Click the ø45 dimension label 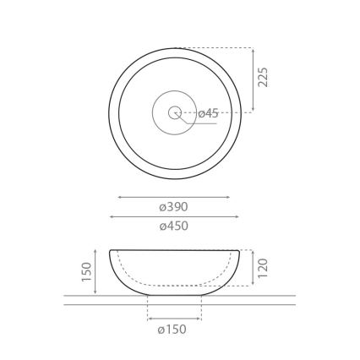208,113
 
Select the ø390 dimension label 174,207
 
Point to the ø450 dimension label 174,226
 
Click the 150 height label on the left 85,272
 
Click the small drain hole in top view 175,112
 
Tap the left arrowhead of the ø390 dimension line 119,197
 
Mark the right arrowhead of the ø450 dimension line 238,216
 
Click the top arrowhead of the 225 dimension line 253,49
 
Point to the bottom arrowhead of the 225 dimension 253,111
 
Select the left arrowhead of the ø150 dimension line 150,319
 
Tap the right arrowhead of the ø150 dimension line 200,319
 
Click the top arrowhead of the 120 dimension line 253,251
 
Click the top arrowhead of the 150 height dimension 95,251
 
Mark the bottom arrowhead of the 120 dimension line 253,285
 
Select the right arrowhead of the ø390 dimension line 229,197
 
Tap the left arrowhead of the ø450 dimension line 111,216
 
